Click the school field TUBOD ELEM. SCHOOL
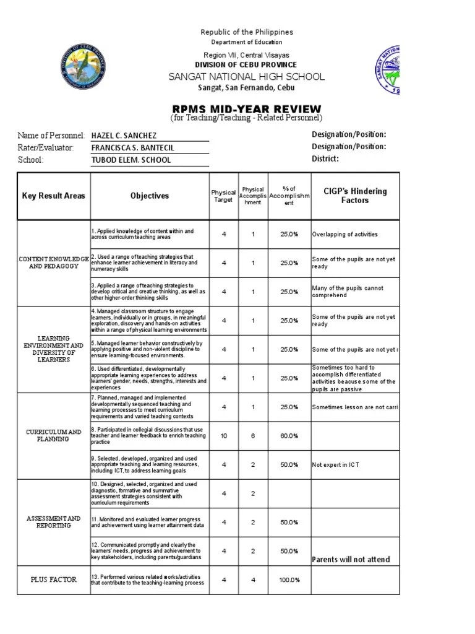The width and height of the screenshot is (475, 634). (x=131, y=160)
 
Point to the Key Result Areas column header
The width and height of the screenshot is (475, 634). (x=54, y=196)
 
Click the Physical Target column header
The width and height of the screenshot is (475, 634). (x=223, y=196)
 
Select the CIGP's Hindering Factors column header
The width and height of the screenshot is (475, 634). (x=355, y=196)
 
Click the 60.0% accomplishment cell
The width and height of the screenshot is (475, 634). (x=289, y=436)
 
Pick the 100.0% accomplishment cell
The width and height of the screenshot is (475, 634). (x=289, y=580)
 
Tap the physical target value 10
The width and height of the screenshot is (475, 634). (x=224, y=436)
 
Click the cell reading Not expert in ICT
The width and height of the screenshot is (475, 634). (x=336, y=464)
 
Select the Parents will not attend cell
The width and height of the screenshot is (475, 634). (x=351, y=560)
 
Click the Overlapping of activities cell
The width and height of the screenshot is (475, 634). (x=344, y=235)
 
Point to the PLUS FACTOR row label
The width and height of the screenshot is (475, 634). (x=54, y=580)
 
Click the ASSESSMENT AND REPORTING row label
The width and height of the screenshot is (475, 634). (x=54, y=522)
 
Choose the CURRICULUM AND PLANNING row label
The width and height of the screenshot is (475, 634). (x=54, y=435)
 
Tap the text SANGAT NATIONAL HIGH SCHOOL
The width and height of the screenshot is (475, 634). (x=246, y=77)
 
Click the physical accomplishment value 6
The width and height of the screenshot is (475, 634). (x=253, y=436)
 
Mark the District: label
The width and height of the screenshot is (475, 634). (x=325, y=159)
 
